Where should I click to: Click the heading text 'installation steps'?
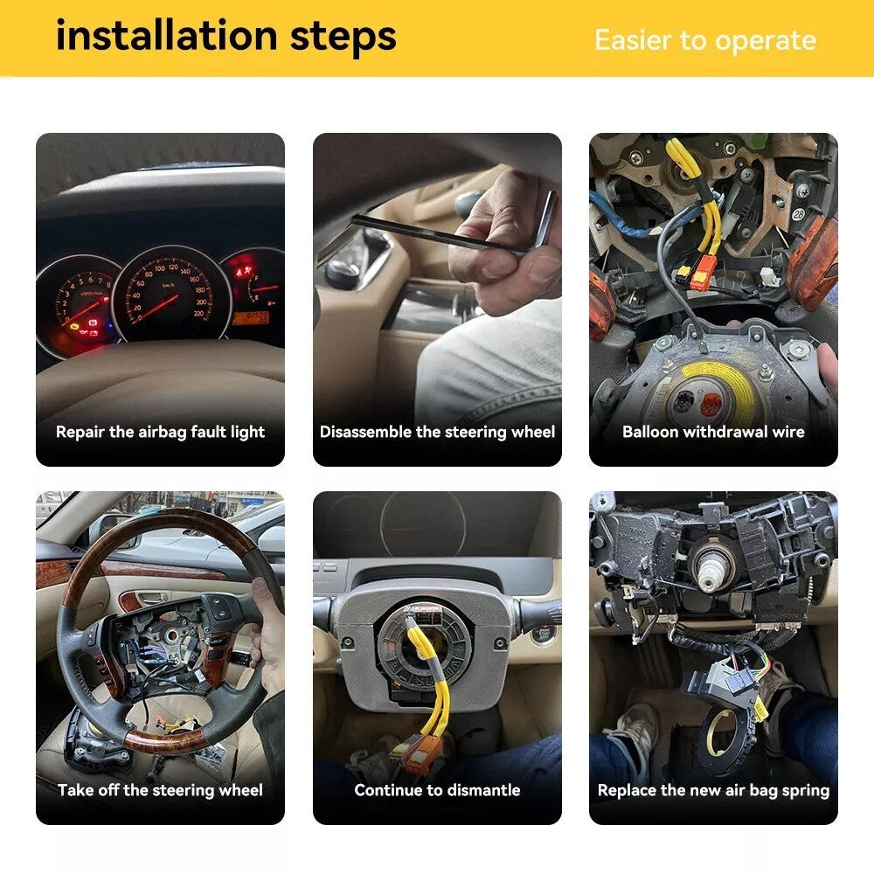click(226, 37)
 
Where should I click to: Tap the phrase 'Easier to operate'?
click(705, 41)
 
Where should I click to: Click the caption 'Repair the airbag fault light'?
click(161, 432)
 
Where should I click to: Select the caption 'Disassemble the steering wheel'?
click(437, 432)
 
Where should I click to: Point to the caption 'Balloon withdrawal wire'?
click(713, 432)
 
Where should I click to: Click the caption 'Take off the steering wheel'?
click(161, 790)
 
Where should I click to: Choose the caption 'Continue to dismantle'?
click(437, 790)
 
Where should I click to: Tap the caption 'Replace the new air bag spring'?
click(713, 790)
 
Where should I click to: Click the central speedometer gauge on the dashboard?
click(170, 293)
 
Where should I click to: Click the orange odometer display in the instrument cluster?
click(250, 317)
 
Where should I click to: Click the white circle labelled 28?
click(799, 213)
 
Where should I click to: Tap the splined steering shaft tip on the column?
click(710, 570)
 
